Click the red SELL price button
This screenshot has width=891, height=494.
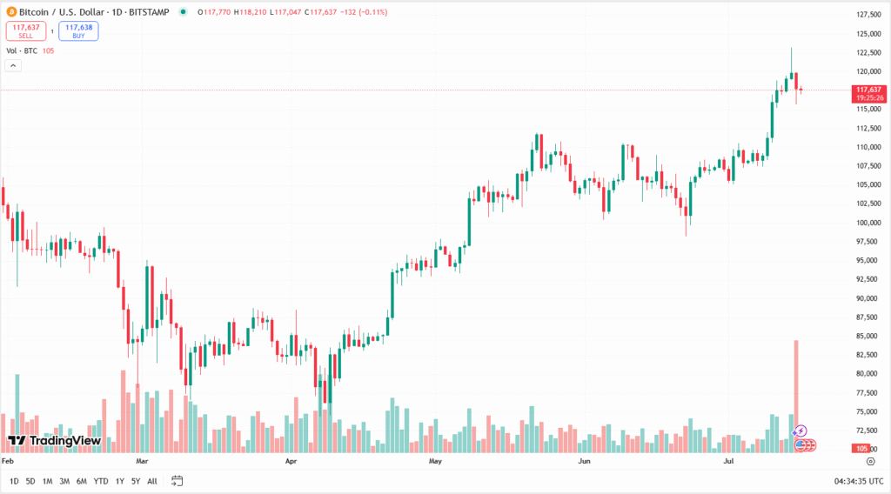click(x=27, y=31)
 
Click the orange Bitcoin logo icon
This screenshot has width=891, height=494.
click(x=10, y=12)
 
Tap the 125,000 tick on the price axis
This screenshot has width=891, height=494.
click(x=866, y=34)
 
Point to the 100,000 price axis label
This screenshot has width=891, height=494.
click(x=866, y=223)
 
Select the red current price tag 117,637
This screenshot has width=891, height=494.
click(x=868, y=90)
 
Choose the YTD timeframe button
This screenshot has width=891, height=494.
click(x=101, y=481)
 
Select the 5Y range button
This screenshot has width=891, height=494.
click(x=136, y=481)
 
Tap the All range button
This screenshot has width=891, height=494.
click(x=152, y=481)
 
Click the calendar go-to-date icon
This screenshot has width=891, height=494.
click(x=178, y=481)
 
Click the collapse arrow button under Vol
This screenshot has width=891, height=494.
click(x=13, y=66)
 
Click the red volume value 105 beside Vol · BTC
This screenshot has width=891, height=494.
click(x=48, y=50)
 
